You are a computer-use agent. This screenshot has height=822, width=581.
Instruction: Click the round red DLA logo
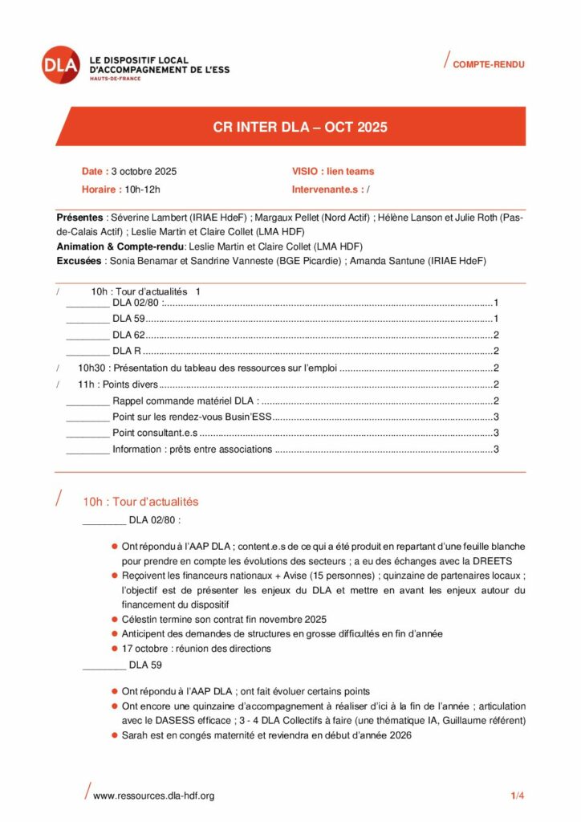click(x=62, y=65)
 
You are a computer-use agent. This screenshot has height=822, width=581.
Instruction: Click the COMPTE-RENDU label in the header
click(x=489, y=64)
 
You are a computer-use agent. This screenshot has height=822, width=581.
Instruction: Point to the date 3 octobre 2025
click(x=144, y=171)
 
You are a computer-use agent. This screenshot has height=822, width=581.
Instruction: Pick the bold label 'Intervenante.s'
click(x=326, y=189)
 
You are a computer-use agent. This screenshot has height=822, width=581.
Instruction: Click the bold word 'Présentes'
click(x=79, y=218)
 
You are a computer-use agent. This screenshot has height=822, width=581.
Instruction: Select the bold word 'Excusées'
click(x=79, y=261)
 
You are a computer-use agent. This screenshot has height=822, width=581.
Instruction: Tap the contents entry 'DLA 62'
click(x=128, y=335)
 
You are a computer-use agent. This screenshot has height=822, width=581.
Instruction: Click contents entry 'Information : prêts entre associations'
click(x=193, y=449)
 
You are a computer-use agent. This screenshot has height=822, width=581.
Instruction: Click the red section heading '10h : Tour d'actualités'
click(x=140, y=502)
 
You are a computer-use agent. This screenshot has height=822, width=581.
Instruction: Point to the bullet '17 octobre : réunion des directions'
click(x=196, y=648)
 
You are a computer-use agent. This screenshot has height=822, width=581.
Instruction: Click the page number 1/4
click(x=517, y=796)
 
